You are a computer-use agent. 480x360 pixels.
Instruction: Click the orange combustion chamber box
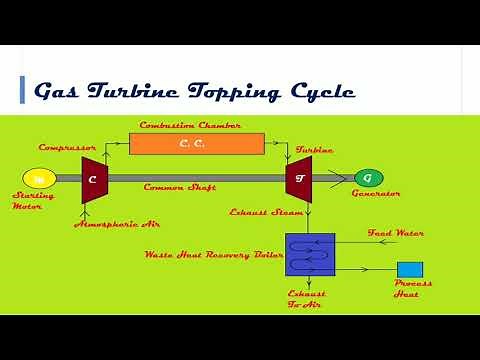(197, 144)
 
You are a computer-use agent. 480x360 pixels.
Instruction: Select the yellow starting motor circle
(39, 178)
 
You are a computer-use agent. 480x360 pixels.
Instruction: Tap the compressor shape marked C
(93, 178)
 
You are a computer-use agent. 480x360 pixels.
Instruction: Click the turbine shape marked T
(298, 178)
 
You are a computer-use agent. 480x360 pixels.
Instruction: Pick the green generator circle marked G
(367, 178)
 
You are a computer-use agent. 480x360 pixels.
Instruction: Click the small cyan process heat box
(410, 269)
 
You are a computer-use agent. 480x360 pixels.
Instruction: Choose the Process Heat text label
(412, 290)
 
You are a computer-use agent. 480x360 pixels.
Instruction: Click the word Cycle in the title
(320, 92)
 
